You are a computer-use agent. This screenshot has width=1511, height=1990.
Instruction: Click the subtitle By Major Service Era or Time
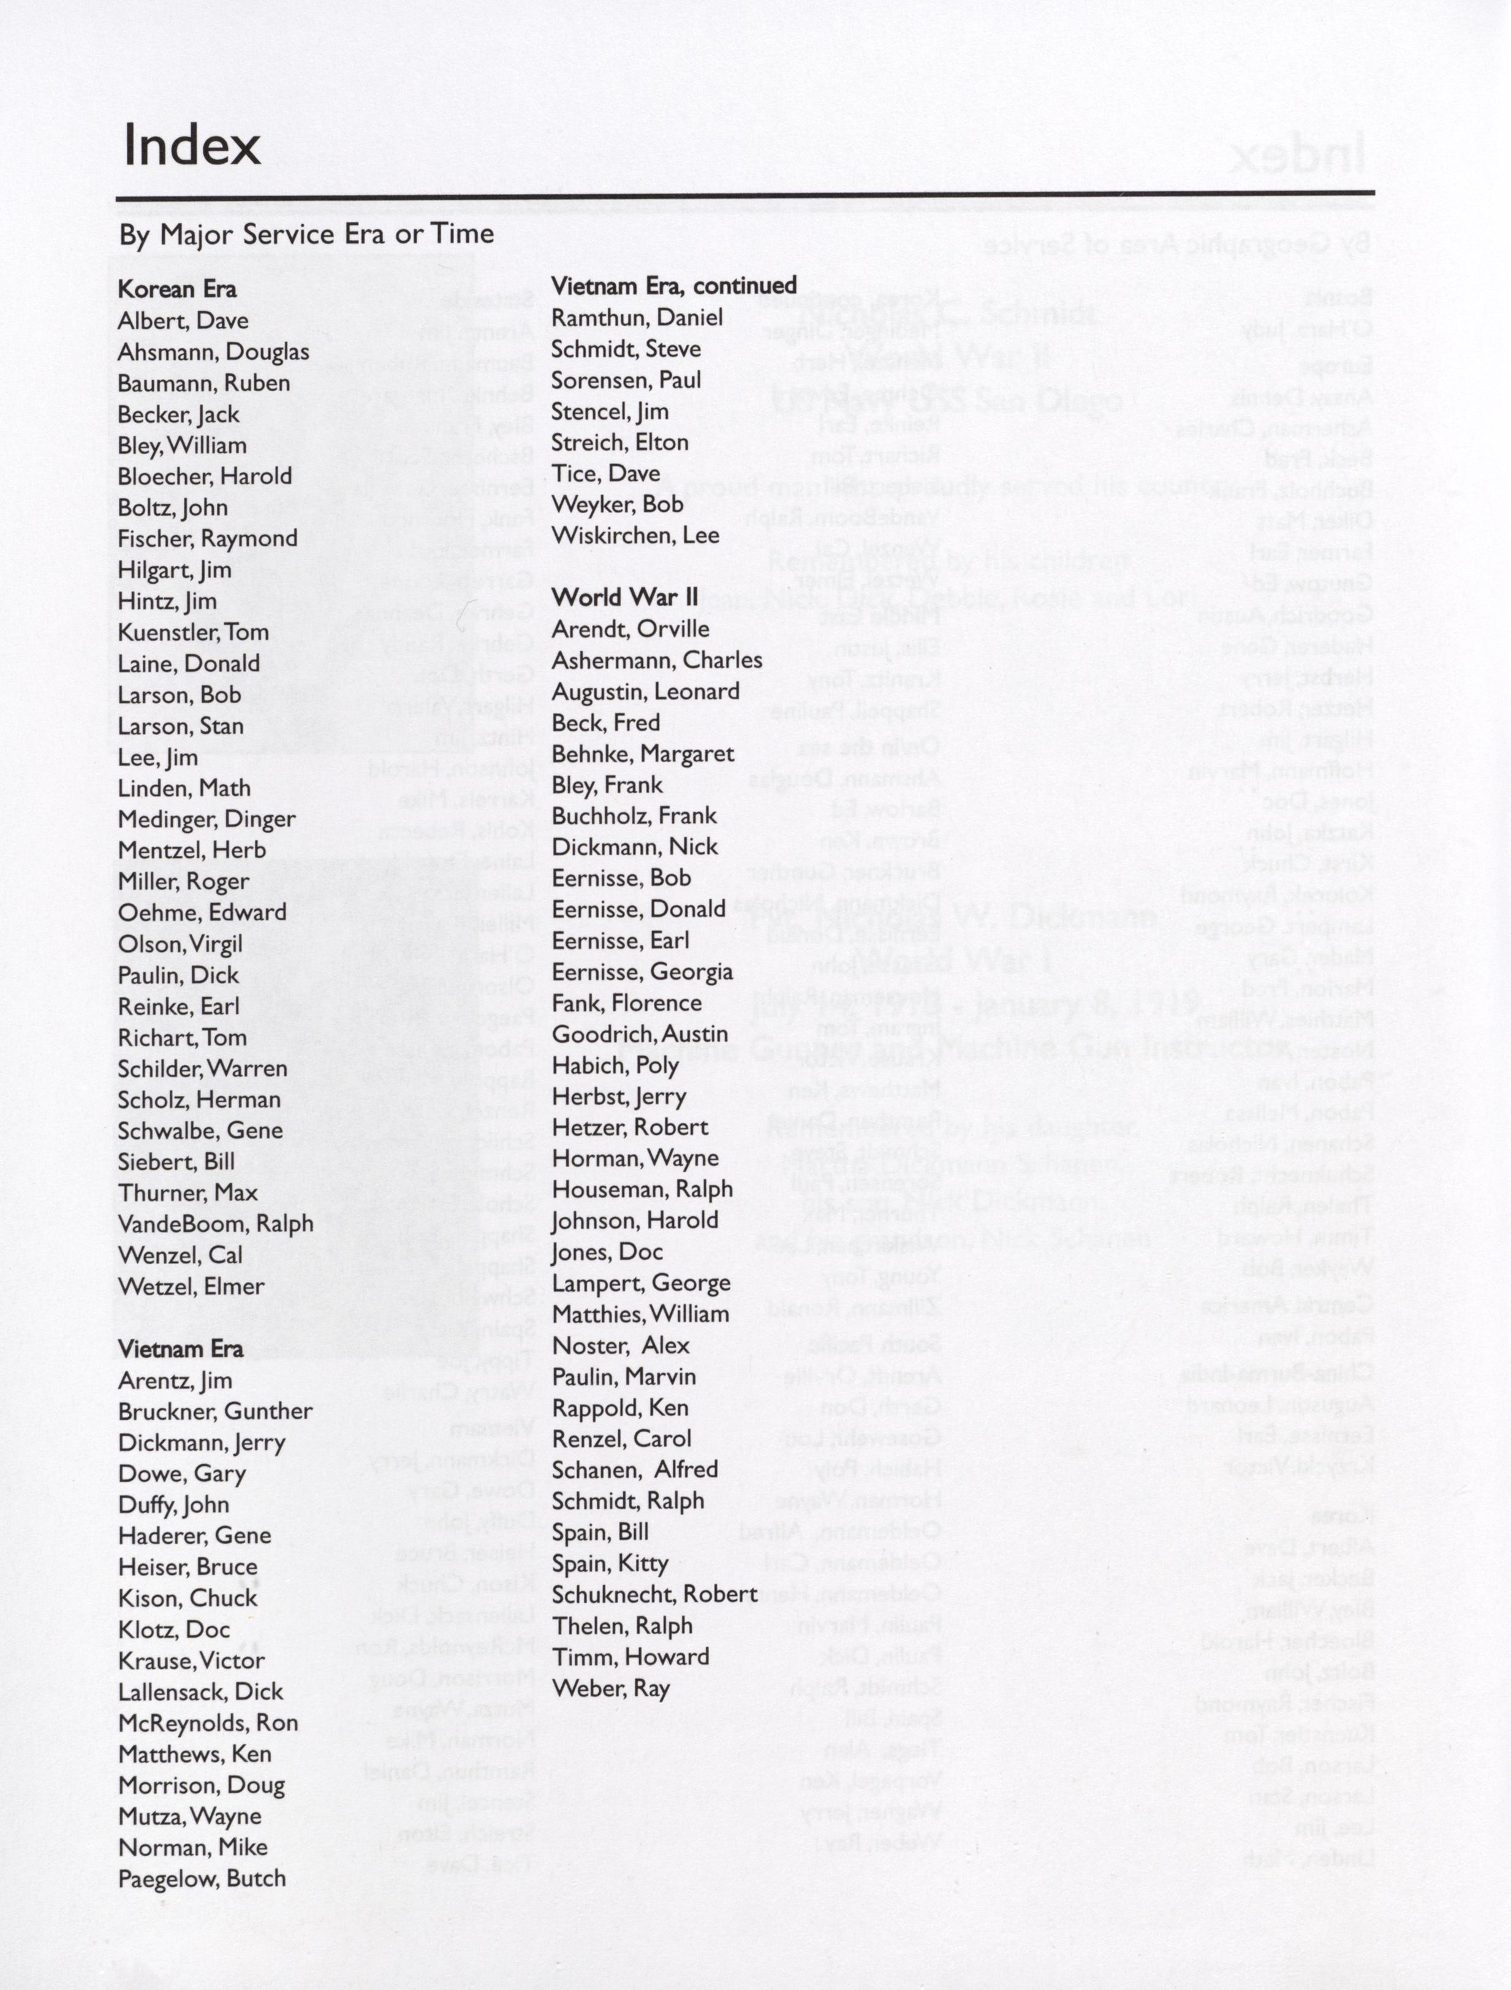point(306,234)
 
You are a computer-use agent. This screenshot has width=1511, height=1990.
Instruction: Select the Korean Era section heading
point(177,289)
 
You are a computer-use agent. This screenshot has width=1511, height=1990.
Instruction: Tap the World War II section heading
point(624,597)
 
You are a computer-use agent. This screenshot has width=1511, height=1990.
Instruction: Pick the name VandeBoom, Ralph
point(215,1224)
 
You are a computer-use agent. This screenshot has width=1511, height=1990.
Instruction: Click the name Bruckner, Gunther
point(215,1411)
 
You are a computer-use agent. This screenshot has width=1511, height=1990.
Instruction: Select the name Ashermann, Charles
point(657,660)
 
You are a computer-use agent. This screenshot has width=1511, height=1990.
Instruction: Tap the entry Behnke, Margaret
point(642,754)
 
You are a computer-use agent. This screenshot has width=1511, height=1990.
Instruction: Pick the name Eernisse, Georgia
point(642,972)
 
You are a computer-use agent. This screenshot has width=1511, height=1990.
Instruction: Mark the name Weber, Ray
point(611,1688)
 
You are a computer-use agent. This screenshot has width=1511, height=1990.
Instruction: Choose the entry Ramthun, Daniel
point(637,317)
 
